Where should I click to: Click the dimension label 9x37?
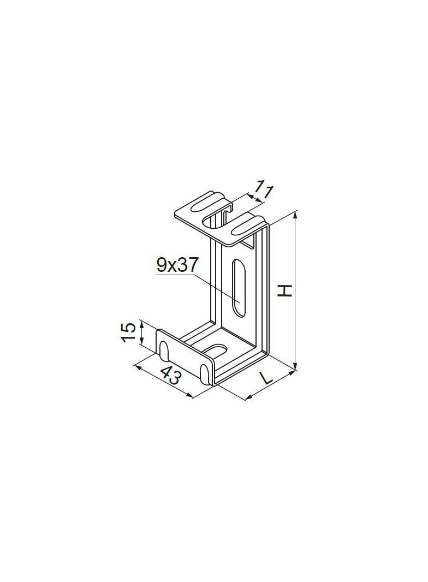[175, 266]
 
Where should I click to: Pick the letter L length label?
[266, 378]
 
